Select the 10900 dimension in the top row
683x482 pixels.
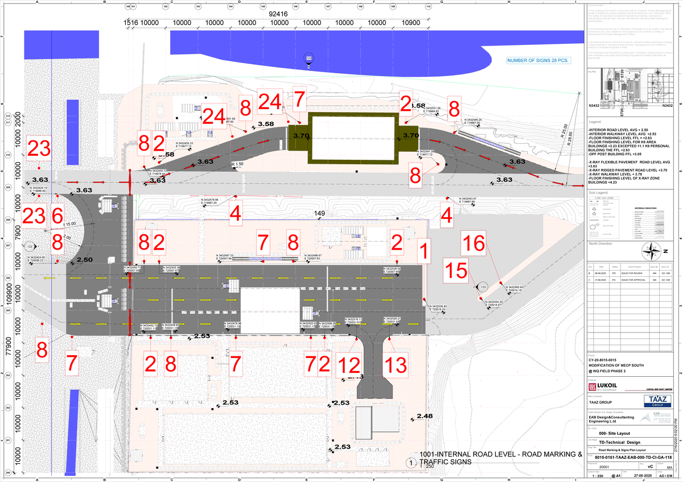[410, 23]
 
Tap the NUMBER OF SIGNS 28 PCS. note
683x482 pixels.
[538, 60]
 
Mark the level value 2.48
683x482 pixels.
[425, 417]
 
